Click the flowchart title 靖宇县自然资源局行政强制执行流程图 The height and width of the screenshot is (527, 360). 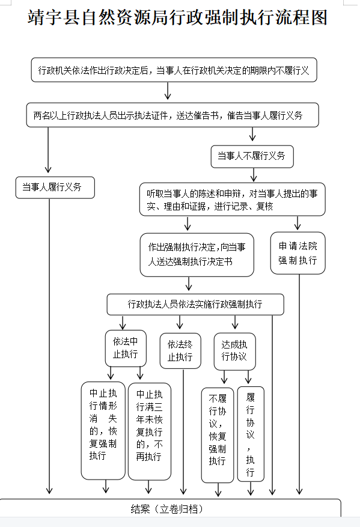coord(177,18)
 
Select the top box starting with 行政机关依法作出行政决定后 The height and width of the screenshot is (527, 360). coord(174,70)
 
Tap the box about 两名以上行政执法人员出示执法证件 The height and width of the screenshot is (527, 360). coord(172,115)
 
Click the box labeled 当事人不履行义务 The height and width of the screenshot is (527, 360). coord(252,156)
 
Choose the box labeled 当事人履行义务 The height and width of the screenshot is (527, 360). coord(55,187)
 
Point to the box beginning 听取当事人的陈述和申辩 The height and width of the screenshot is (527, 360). coord(232,200)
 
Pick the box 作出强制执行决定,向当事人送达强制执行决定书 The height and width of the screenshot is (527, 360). coord(197,255)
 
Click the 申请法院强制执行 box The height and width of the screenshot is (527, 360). coord(298,253)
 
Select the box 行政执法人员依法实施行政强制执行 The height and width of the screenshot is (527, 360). coord(195,305)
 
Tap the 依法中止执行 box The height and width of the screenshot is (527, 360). coord(126,348)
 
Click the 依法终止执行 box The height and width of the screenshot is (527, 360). coord(180,351)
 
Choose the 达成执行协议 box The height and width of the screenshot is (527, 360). coord(235,352)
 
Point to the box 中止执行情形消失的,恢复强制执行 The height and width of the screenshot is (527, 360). coord(103,430)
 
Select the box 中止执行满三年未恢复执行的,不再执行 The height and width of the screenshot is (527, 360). coord(150,431)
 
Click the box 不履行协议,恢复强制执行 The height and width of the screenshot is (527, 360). coord(218,435)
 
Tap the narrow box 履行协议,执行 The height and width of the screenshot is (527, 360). coord(251,434)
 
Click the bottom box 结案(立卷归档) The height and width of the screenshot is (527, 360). coord(171,509)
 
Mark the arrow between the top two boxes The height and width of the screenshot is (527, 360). coord(168,91)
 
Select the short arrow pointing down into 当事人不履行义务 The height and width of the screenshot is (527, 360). coord(252,134)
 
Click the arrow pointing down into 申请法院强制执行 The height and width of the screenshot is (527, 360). coord(297,223)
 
